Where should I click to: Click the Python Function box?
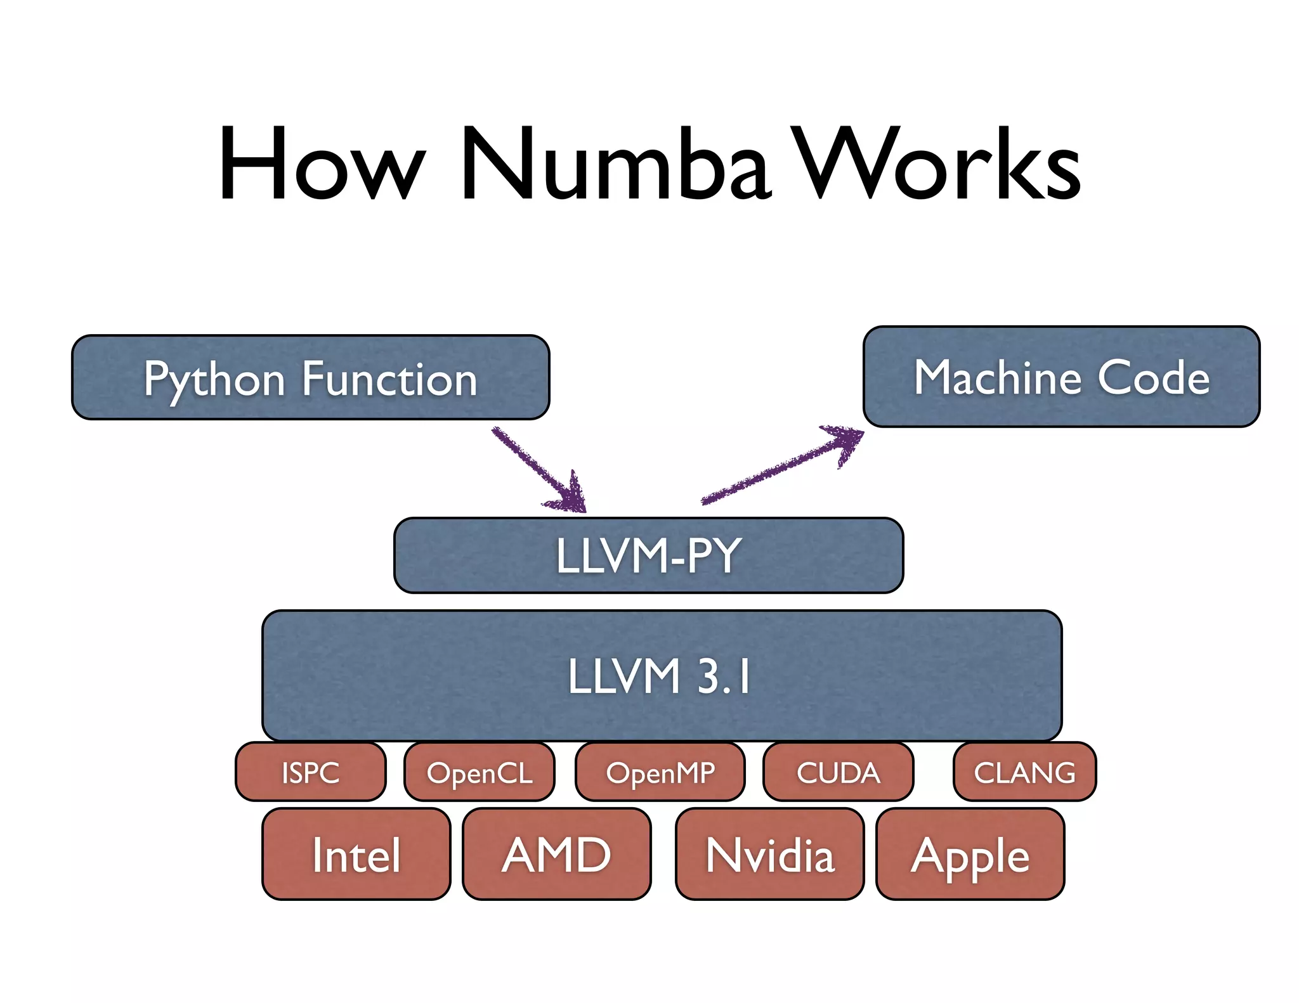pos(310,378)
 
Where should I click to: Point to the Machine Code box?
pos(1061,377)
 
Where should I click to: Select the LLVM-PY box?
pos(648,555)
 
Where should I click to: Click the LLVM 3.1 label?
pos(660,676)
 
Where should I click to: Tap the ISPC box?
pos(310,772)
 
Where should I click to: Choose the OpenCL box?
pos(480,772)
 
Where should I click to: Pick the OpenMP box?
pos(660,772)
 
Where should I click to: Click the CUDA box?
pos(838,772)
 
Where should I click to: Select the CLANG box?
pos(1024,772)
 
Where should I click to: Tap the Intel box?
pos(356,854)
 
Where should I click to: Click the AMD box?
pos(556,854)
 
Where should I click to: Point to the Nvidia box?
pos(769,854)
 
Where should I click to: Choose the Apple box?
pos(970,854)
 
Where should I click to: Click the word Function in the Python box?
pos(389,379)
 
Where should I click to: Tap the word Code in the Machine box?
pos(1153,377)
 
